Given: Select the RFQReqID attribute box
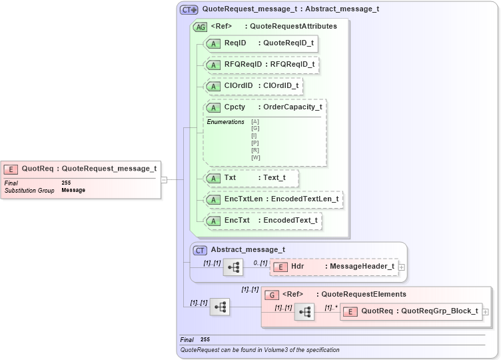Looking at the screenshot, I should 261,65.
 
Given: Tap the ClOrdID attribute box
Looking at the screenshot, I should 253,86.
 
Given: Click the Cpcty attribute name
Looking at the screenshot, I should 235,107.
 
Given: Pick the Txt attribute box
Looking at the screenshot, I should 251,178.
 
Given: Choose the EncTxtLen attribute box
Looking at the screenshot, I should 273,199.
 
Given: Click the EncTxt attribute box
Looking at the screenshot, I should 262,221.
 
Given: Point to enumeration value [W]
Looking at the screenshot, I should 256,158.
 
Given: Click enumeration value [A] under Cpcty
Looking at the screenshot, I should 256,121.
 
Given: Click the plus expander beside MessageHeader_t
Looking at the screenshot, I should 402,267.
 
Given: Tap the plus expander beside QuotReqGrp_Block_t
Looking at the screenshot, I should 486,311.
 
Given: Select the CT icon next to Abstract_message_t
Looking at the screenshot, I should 200,251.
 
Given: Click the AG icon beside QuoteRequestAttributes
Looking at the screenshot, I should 199,27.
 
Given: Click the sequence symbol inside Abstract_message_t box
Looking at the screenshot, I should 233,267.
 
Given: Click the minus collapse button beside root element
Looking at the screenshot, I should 164,179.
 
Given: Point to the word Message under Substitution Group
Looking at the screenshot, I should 73,191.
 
